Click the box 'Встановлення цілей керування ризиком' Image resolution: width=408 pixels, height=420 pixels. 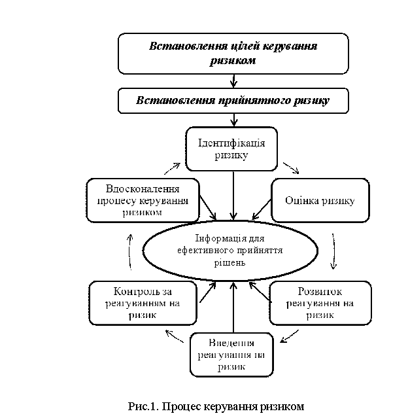click(x=233, y=54)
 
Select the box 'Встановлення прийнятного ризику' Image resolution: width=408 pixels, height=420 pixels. click(x=233, y=101)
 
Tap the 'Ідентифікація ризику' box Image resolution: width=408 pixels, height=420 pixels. click(x=231, y=149)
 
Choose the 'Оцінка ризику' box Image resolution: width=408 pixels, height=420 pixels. click(x=320, y=200)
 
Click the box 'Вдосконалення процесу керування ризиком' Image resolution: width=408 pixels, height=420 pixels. click(x=143, y=200)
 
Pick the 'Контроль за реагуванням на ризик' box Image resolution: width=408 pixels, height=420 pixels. click(x=143, y=303)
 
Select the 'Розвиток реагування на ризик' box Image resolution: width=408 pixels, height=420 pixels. click(x=320, y=303)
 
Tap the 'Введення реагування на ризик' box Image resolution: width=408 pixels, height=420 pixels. click(x=231, y=355)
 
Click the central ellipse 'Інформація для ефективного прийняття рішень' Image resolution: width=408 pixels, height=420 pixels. click(x=230, y=251)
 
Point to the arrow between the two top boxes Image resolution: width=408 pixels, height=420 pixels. click(x=233, y=81)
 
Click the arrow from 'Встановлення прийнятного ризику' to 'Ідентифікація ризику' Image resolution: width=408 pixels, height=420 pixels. click(x=234, y=120)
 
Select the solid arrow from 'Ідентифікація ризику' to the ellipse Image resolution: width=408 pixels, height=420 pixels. click(x=233, y=196)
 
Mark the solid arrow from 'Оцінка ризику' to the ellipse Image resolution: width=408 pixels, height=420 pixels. click(x=262, y=209)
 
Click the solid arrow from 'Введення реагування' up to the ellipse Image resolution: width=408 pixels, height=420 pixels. click(x=233, y=307)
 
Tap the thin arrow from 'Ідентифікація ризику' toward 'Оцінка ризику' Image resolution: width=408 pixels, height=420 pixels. click(x=291, y=168)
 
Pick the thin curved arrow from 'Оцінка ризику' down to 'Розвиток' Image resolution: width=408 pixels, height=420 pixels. click(x=333, y=251)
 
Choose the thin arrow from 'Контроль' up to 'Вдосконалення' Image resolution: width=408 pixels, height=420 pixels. click(x=129, y=252)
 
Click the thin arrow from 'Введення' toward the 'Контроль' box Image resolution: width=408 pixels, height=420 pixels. click(x=175, y=336)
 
